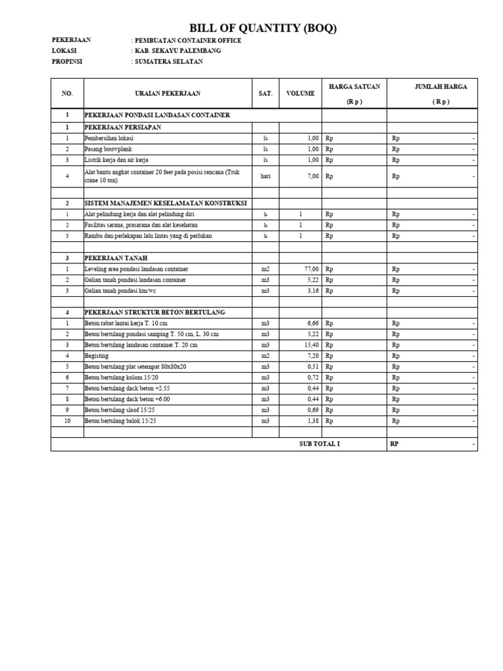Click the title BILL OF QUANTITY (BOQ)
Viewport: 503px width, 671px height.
pyautogui.click(x=263, y=28)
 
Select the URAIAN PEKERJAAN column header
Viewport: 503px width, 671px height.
pyautogui.click(x=168, y=94)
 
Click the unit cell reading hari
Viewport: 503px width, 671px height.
pyautogui.click(x=265, y=176)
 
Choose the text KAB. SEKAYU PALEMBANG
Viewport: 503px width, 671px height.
pyautogui.click(x=177, y=50)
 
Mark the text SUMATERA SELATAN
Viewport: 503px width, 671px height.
pyautogui.click(x=169, y=62)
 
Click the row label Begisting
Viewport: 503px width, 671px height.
pyautogui.click(x=97, y=356)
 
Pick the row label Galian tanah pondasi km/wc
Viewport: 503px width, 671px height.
pyautogui.click(x=125, y=290)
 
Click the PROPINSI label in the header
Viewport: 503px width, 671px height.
pyautogui.click(x=67, y=62)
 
